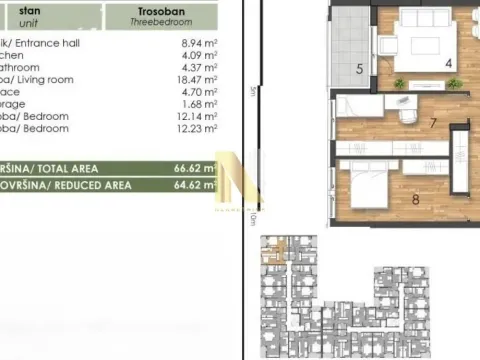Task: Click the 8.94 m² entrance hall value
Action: tap(196, 44)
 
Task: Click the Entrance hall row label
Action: tap(40, 44)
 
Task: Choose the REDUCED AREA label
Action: tap(55, 185)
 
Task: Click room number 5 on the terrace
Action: tap(359, 69)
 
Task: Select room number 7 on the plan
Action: tap(432, 124)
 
